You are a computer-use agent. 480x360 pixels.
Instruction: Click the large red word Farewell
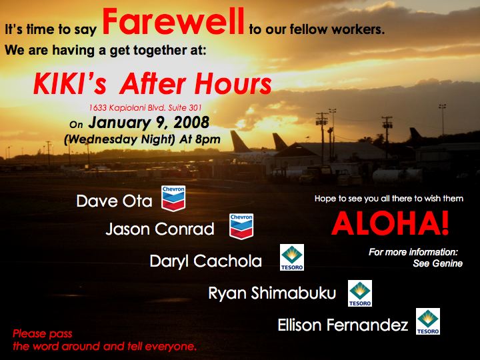[x=173, y=21]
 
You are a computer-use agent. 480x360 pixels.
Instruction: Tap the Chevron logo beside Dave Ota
[x=173, y=199]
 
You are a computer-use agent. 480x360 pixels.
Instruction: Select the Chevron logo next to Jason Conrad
[x=241, y=226]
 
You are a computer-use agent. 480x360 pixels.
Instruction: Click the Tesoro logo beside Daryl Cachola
[x=292, y=257]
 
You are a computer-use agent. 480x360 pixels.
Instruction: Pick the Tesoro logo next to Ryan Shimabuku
[x=360, y=293]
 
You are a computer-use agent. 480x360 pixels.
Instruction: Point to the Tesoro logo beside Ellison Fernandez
[x=428, y=321]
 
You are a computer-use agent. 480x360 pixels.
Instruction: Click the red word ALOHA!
[x=390, y=223]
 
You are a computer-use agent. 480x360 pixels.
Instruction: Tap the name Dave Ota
[x=114, y=201]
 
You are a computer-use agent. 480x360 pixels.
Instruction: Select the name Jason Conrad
[x=160, y=229]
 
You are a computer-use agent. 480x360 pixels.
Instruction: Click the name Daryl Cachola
[x=206, y=261]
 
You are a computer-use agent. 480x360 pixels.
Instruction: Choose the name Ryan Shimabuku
[x=272, y=293]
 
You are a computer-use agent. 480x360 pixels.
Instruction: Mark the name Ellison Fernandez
[x=343, y=325]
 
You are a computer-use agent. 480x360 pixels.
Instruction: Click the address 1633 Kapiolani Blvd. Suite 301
[x=145, y=108]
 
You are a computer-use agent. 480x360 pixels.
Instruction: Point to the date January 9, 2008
[x=149, y=123]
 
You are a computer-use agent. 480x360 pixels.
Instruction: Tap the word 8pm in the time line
[x=208, y=139]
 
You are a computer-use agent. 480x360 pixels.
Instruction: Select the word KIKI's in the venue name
[x=70, y=83]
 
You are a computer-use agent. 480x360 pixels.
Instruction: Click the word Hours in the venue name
[x=233, y=83]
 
